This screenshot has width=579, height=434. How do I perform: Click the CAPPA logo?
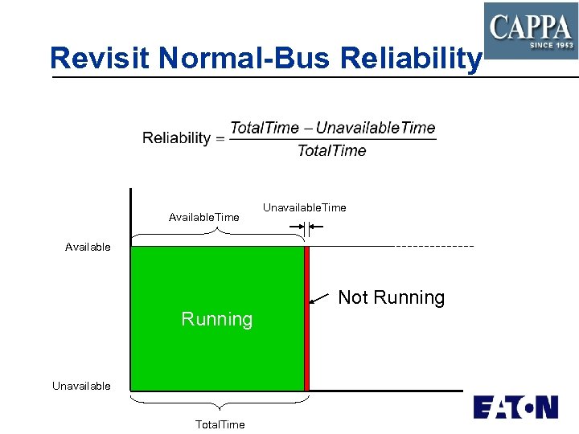[530, 30]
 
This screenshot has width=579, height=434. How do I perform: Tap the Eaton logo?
[515, 407]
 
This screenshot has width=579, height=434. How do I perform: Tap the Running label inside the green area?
[217, 319]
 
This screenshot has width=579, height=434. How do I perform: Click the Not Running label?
[391, 297]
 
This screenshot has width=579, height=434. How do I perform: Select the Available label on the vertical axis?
[88, 247]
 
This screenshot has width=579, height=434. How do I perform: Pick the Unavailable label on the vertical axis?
[81, 386]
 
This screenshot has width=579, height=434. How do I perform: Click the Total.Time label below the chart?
[220, 424]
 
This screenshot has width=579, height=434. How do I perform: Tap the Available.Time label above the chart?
[203, 217]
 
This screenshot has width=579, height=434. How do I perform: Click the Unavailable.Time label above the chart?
[305, 207]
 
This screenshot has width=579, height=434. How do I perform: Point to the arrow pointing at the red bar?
[320, 299]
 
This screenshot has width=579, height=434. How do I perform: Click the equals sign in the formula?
[220, 138]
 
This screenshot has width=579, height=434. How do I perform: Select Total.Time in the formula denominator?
[331, 150]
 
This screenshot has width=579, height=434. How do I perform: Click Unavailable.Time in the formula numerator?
[376, 128]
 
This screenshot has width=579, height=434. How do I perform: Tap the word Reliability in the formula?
[176, 138]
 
